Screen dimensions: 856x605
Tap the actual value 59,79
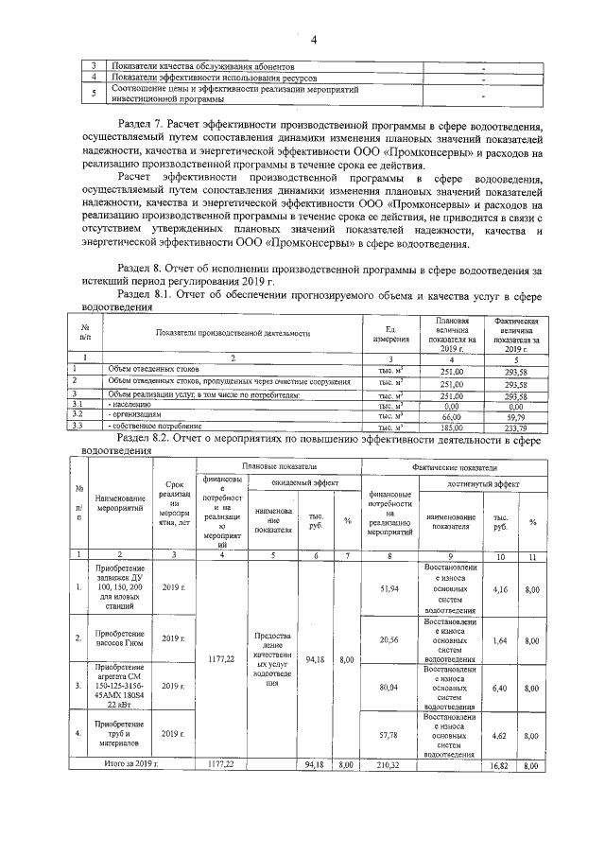pyautogui.click(x=515, y=414)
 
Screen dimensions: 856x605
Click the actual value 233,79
pyautogui.click(x=515, y=426)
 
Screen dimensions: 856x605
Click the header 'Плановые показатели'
pyautogui.click(x=279, y=467)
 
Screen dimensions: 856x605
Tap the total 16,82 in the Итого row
pyautogui.click(x=500, y=762)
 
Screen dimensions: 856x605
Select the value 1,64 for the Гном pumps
pyautogui.click(x=500, y=639)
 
